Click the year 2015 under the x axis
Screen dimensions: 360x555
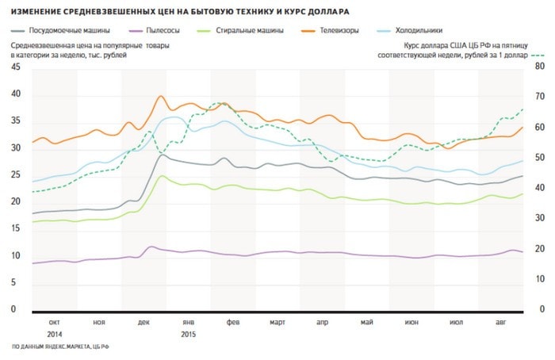coord(189,334)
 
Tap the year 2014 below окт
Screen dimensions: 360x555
coord(55,334)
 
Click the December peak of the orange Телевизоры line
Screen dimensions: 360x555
coord(160,97)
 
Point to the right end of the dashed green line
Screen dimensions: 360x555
coord(523,109)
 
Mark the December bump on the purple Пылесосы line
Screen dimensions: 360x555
coord(151,247)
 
